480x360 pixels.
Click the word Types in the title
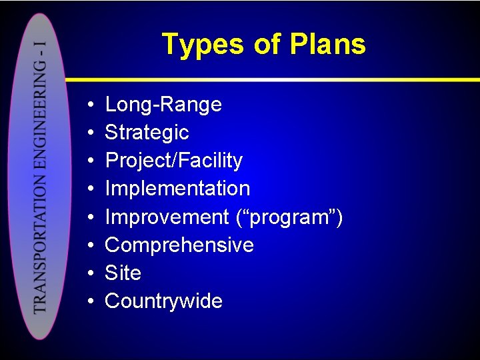point(204,45)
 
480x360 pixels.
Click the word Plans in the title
point(327,45)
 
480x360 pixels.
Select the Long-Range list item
point(163,105)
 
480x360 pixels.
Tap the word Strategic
point(147,133)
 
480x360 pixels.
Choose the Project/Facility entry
point(173,161)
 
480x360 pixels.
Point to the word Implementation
point(177,189)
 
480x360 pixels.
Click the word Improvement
point(167,217)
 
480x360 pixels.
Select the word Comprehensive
point(179,245)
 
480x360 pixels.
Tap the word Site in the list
point(123,273)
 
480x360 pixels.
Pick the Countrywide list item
point(163,301)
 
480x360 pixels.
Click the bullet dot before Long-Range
point(89,105)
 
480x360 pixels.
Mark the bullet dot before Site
point(89,273)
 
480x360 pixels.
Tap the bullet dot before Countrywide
point(89,301)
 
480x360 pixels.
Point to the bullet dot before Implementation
point(89,189)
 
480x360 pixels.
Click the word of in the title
point(267,45)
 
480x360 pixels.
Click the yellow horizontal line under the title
point(300,79)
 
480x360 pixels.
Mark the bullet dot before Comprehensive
point(89,245)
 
